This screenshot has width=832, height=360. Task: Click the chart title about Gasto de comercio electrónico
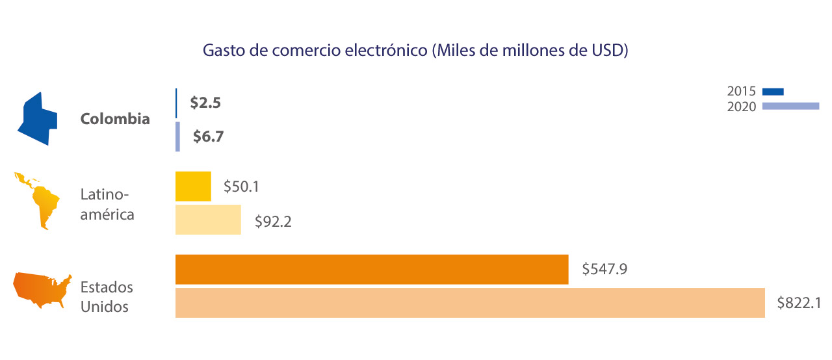(x=415, y=51)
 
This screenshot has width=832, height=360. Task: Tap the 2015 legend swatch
(x=773, y=92)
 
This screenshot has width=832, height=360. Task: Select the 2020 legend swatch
(x=790, y=106)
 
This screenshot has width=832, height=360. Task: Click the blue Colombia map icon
(x=38, y=119)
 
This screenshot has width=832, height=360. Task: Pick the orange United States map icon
(x=43, y=290)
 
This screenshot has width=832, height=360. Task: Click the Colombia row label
(x=115, y=120)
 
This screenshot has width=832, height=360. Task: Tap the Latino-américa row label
(x=107, y=204)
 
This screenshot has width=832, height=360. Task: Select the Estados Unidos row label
(x=107, y=296)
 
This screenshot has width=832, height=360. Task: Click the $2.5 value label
(x=205, y=103)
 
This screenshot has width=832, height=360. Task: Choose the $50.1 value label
(x=242, y=186)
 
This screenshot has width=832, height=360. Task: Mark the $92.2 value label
(x=272, y=222)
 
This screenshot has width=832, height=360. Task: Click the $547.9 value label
(x=604, y=268)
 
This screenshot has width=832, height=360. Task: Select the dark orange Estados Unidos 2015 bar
(x=372, y=269)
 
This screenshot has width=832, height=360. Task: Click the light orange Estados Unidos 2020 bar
(x=470, y=303)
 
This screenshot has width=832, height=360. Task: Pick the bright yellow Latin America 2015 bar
(x=193, y=186)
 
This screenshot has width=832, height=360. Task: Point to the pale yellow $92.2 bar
(x=208, y=220)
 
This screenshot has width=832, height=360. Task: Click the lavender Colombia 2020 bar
(x=177, y=137)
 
